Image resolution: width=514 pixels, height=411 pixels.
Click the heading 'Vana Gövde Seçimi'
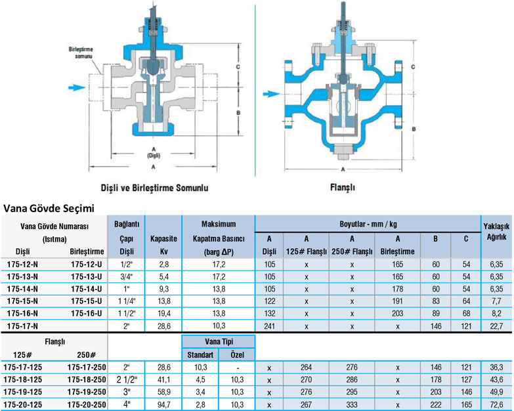[x=49, y=208]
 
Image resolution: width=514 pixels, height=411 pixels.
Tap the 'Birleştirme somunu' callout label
[x=81, y=53]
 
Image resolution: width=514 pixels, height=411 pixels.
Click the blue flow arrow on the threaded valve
[x=77, y=87]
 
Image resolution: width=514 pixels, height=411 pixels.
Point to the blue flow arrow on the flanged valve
[x=271, y=94]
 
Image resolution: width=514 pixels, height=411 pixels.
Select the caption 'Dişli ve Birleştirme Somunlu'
[x=154, y=188]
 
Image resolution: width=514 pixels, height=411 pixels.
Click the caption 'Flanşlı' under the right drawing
[x=343, y=187]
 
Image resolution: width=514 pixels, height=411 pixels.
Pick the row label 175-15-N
[x=22, y=301]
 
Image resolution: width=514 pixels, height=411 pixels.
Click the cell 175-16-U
[x=87, y=313]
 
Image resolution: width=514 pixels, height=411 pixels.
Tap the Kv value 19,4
[x=164, y=313]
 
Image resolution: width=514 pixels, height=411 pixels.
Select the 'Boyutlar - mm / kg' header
[x=368, y=224]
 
